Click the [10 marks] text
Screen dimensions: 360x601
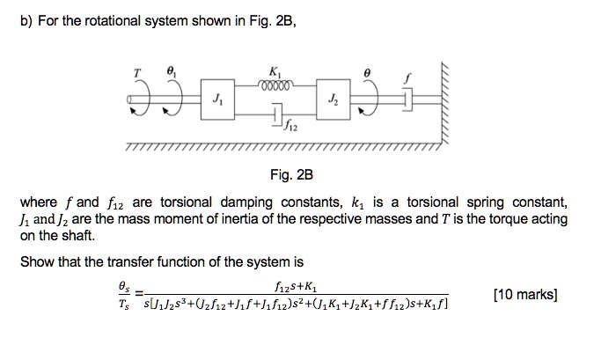click(x=525, y=293)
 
